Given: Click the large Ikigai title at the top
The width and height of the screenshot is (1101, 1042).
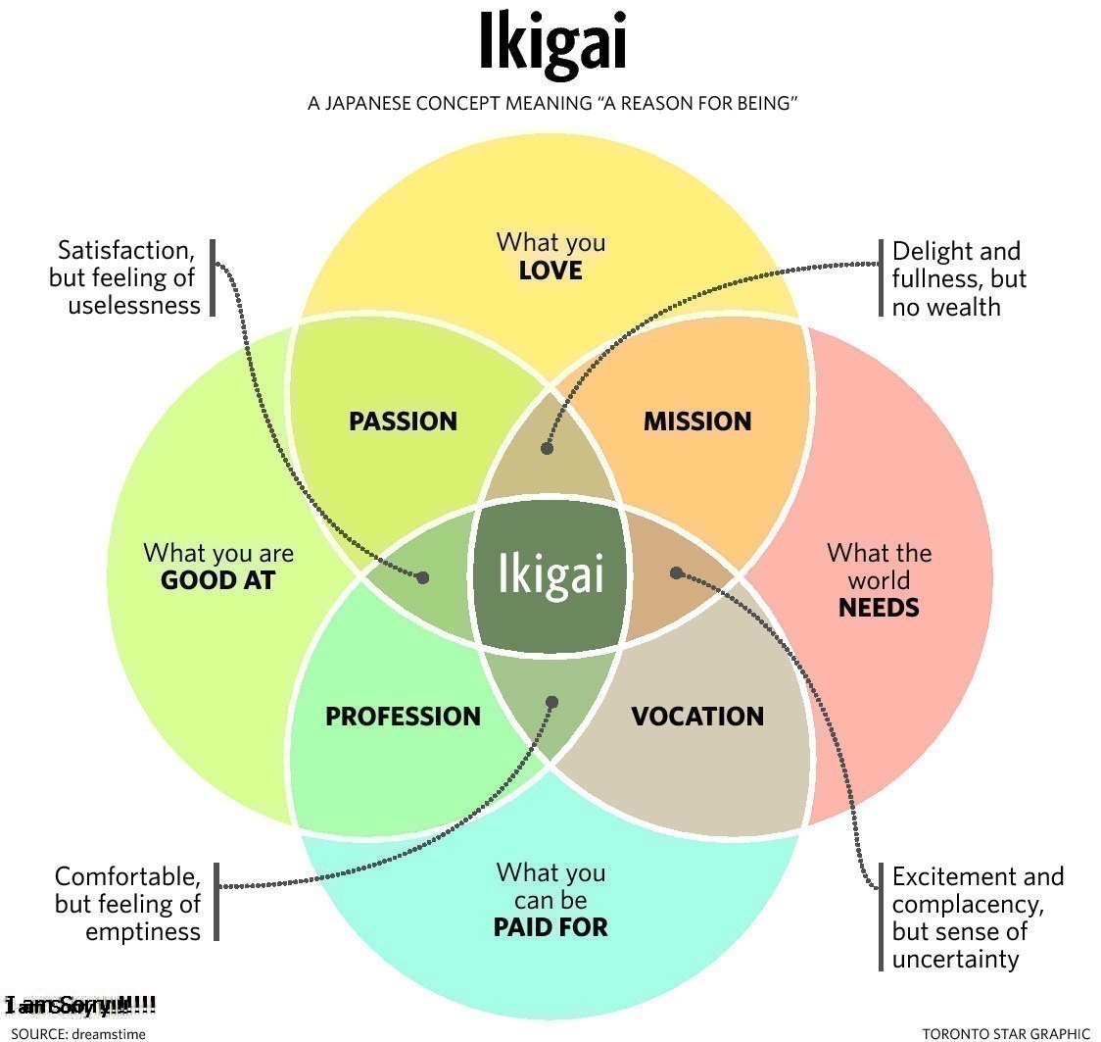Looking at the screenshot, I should (x=551, y=44).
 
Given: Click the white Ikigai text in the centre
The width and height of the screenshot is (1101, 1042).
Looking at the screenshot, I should (x=550, y=573).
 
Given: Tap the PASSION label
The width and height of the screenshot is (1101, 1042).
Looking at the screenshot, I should (x=403, y=422).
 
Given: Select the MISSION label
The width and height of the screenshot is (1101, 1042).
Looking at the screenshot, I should (x=696, y=422).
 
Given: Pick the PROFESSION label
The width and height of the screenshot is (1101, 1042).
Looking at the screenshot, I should (x=403, y=717).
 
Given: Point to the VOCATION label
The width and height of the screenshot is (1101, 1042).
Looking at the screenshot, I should (x=696, y=717).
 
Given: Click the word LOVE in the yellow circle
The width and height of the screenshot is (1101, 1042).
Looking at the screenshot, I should (x=550, y=271).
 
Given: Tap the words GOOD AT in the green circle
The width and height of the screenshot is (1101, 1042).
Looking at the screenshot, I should (x=217, y=580).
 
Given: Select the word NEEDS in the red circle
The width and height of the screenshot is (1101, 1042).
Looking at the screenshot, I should (x=879, y=608).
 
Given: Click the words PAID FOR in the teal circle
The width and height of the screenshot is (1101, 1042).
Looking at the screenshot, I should (x=550, y=926).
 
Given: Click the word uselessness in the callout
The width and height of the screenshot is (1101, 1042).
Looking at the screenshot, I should (x=134, y=305).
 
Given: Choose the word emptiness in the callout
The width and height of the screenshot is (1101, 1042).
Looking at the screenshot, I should (x=143, y=930).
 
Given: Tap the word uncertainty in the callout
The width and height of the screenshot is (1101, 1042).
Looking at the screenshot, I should (x=955, y=959).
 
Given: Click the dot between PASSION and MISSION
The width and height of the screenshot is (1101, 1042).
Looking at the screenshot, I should (x=547, y=448).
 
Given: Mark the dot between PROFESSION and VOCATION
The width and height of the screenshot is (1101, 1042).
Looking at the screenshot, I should (x=551, y=702).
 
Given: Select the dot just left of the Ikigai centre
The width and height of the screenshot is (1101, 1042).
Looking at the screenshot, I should (x=422, y=577).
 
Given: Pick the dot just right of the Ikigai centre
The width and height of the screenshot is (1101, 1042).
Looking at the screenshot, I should (x=676, y=572).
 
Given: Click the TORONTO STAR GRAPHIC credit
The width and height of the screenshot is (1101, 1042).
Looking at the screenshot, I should (x=1005, y=1033).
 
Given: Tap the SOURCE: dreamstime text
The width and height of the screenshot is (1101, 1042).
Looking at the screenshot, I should (x=78, y=1033).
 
